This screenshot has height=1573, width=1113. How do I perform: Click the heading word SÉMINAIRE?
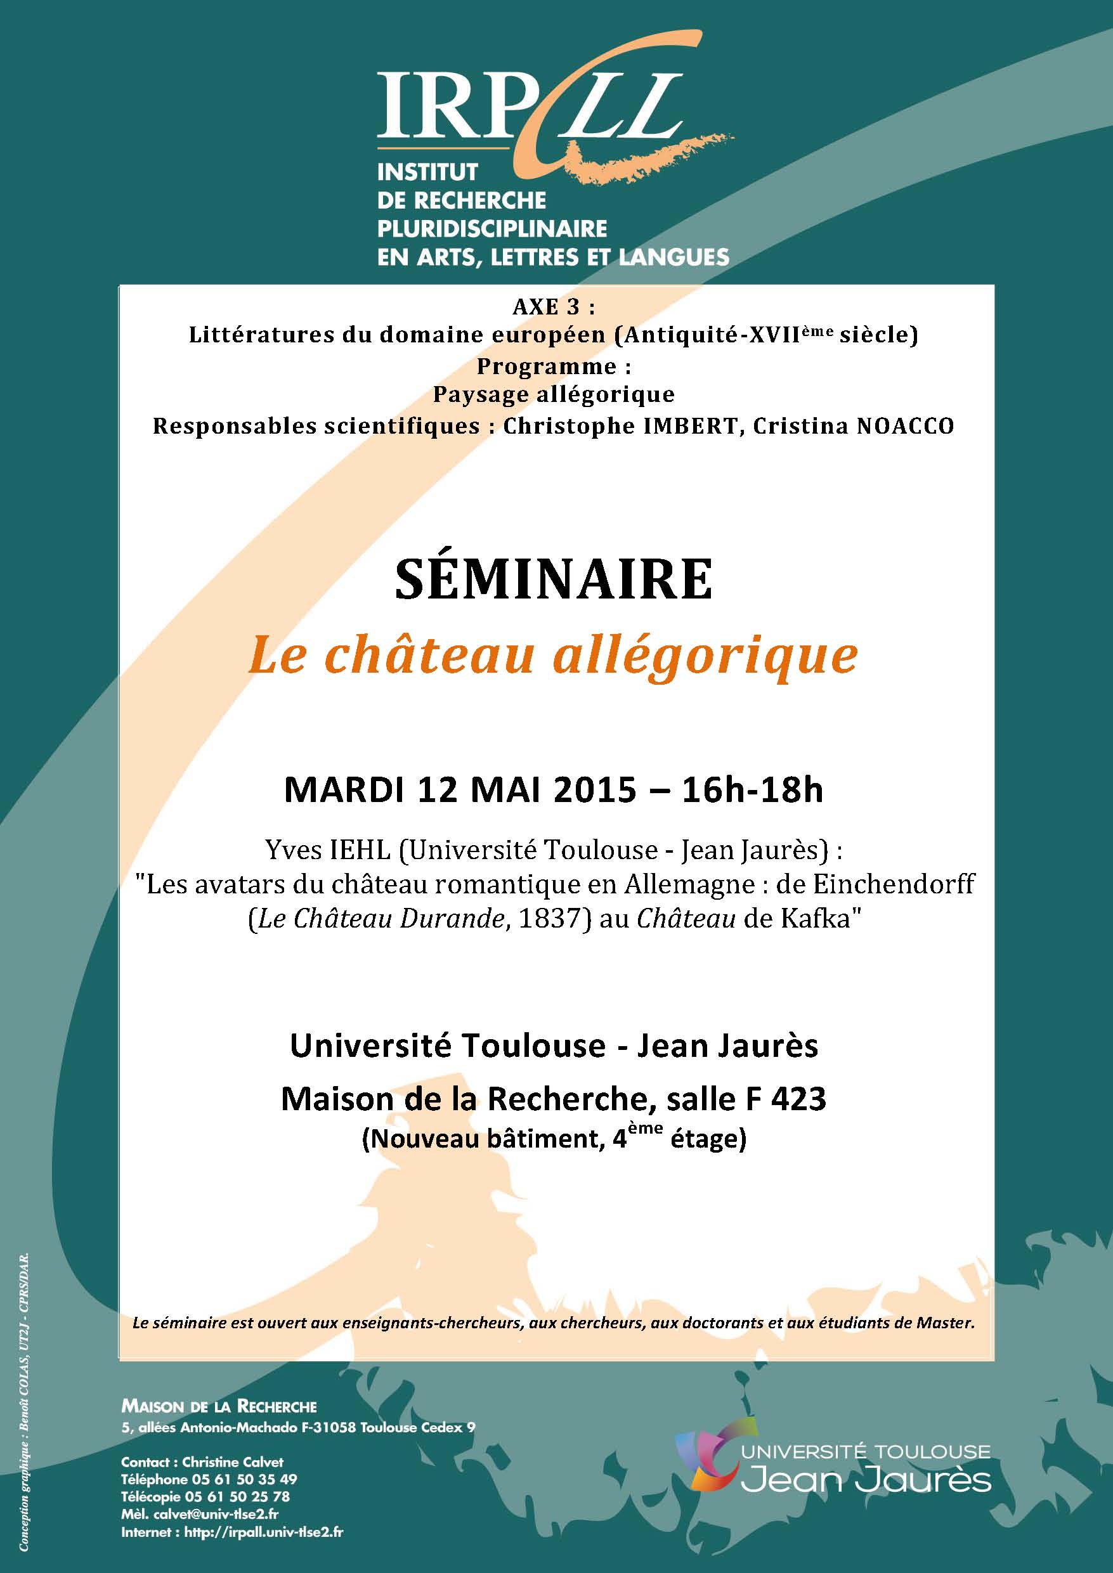tap(554, 580)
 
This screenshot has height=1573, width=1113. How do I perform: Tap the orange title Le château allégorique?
tap(552, 656)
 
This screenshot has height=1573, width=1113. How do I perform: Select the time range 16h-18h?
tap(752, 790)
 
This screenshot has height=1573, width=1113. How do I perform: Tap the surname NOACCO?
tap(904, 426)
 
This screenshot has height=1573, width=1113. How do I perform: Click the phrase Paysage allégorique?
tap(554, 394)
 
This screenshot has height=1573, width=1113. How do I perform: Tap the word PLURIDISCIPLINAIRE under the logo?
tap(491, 228)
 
